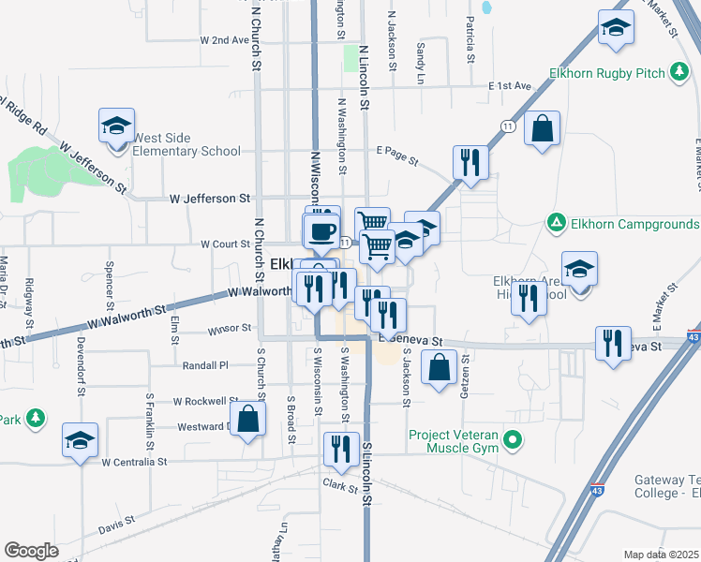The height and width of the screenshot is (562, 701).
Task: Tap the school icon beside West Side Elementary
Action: coord(115,127)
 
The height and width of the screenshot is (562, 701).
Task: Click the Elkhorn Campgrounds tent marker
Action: coord(556,224)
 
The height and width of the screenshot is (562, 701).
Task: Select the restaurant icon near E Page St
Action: coord(470,162)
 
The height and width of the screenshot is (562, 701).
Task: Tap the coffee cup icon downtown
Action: coord(321,230)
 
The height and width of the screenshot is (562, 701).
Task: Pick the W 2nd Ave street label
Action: coord(225,41)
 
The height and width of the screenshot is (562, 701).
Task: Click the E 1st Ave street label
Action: coord(510,85)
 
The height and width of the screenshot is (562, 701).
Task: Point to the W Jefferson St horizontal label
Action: coord(211,199)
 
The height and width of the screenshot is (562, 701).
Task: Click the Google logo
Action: coord(31,551)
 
